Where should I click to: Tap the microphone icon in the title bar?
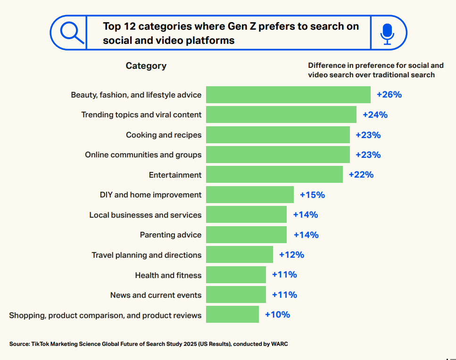point(387,33)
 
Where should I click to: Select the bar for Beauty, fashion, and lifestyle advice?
point(288,95)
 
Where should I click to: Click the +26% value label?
point(389,95)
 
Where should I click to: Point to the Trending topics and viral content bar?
point(281,115)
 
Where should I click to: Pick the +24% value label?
point(375,115)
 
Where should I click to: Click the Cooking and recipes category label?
point(164,135)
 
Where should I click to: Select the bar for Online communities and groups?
point(278,155)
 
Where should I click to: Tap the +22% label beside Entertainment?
point(361,175)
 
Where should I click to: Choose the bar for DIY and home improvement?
point(250,195)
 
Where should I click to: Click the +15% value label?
point(312,195)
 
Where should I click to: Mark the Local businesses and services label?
point(145,215)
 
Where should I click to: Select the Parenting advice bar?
point(246,235)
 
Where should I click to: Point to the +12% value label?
point(291,255)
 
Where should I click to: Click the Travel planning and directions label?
point(146,255)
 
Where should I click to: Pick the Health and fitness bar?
point(236,275)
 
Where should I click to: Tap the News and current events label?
point(156,295)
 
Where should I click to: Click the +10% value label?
point(277,315)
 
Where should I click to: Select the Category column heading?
point(146,66)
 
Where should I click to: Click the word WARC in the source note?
point(279,344)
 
